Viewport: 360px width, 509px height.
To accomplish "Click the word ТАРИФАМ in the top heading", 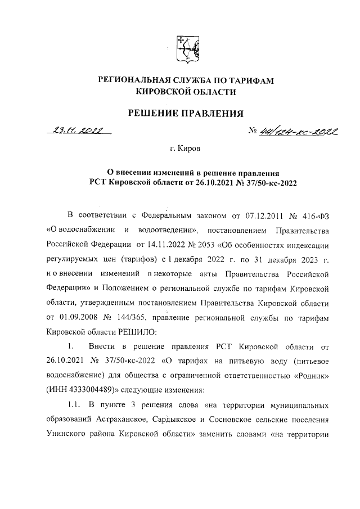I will pyautogui.click(x=249, y=81).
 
